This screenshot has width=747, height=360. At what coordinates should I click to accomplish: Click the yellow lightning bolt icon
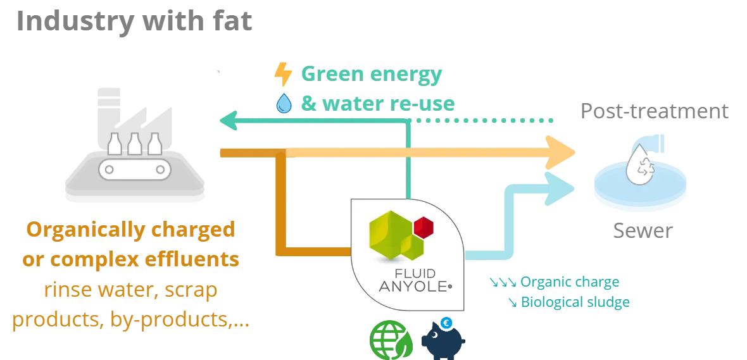[x=283, y=74]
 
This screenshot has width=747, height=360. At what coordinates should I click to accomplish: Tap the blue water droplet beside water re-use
[x=284, y=103]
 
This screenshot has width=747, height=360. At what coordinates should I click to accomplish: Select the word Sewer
[x=643, y=230]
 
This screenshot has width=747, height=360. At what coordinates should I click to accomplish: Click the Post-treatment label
[x=655, y=111]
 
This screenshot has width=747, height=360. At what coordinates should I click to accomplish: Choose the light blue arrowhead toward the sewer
[x=560, y=189]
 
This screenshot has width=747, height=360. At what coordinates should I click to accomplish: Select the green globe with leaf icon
[x=391, y=340]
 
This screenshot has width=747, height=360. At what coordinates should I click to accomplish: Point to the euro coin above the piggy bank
[x=446, y=323]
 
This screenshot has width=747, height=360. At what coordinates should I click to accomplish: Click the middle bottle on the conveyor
[x=135, y=144]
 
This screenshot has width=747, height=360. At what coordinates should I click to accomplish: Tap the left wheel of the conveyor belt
[x=109, y=170]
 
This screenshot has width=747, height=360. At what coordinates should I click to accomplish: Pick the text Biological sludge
[x=575, y=302]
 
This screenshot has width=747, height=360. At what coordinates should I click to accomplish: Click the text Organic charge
[x=570, y=282]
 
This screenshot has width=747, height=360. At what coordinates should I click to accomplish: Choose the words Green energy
[x=372, y=74]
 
